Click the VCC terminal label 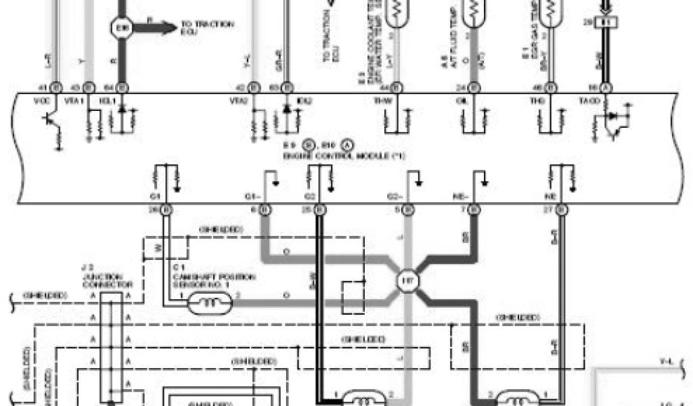(x=47, y=101)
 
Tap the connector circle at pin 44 (x=397, y=87)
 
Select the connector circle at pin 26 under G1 (x=166, y=210)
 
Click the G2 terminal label (x=311, y=196)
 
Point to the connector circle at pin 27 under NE (x=560, y=210)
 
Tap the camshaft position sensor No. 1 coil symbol (x=212, y=304)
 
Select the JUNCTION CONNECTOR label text (x=102, y=281)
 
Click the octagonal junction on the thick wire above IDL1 (x=122, y=28)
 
